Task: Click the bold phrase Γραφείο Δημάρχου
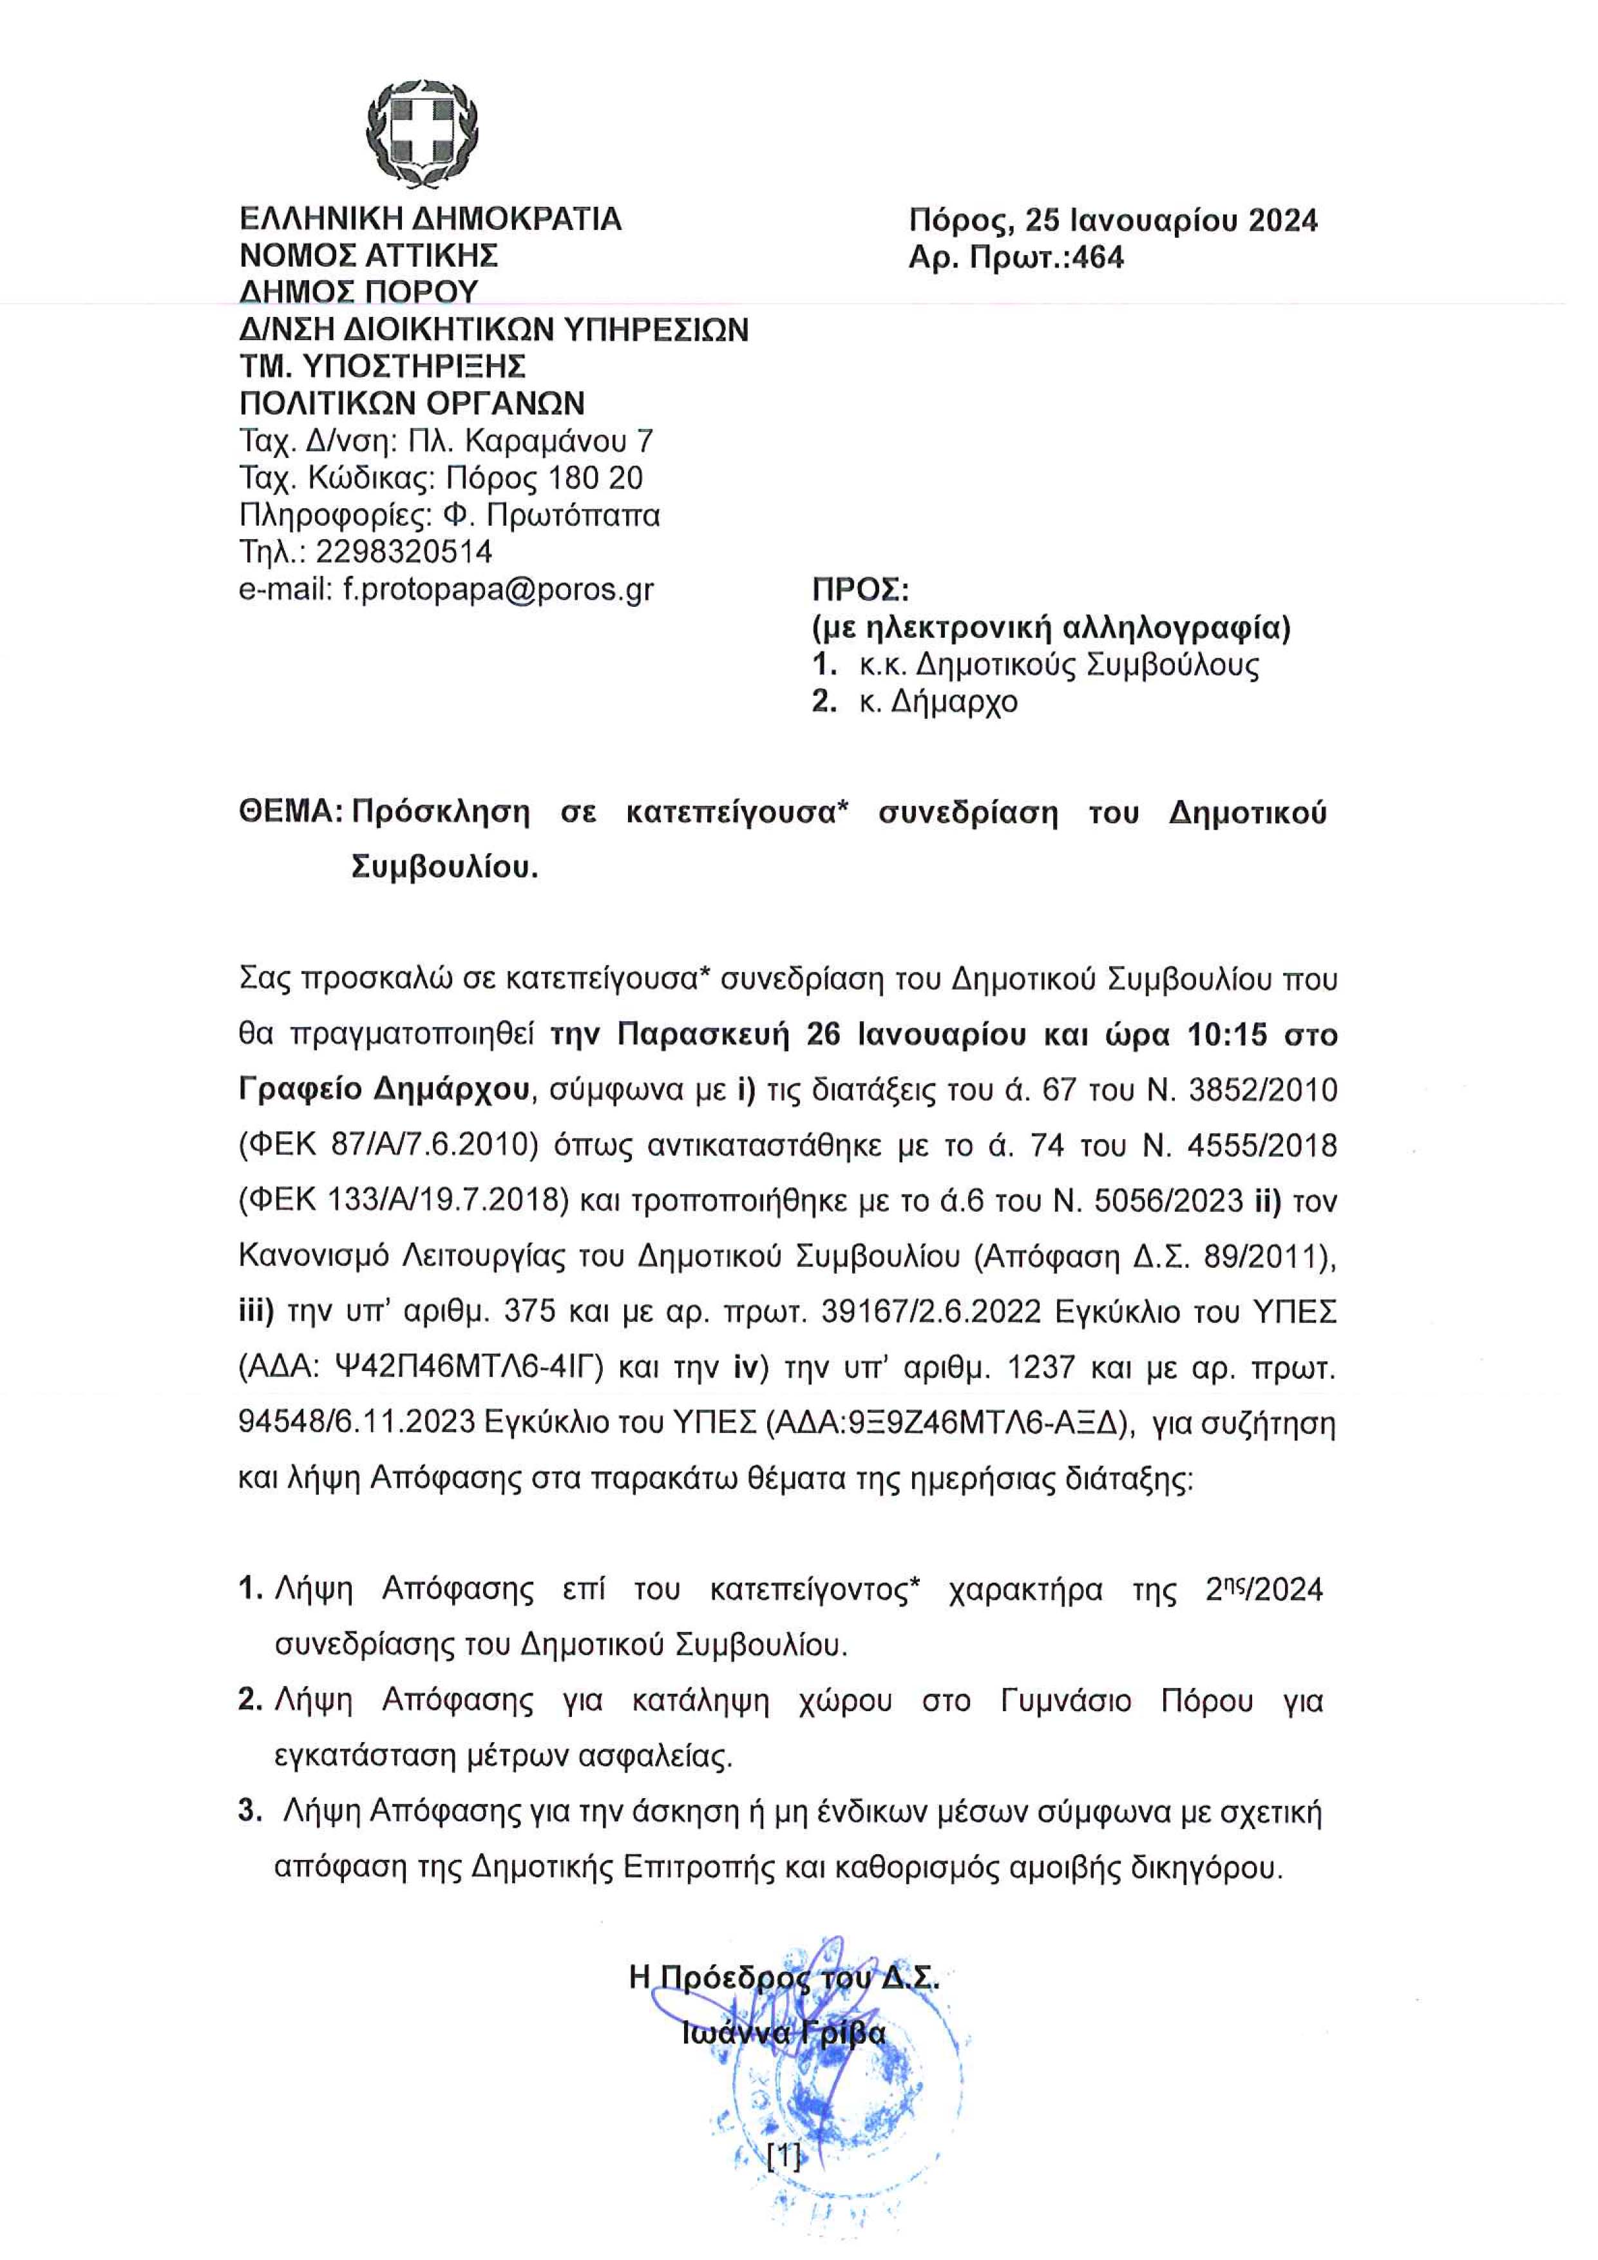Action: click(x=385, y=1091)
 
